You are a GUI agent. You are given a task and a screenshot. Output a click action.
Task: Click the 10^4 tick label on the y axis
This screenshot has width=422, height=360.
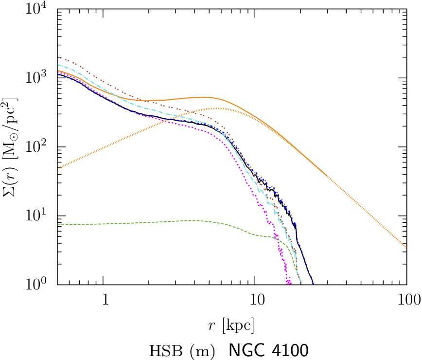tap(38, 10)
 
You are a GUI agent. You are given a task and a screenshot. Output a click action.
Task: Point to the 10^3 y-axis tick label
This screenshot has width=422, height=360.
tap(38, 78)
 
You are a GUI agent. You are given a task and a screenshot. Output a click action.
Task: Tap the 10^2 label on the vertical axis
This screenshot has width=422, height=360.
tap(38, 147)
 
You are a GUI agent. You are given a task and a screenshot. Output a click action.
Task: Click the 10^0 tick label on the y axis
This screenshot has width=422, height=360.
tap(38, 285)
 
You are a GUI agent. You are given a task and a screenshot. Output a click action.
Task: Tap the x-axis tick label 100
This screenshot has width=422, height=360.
tap(406, 299)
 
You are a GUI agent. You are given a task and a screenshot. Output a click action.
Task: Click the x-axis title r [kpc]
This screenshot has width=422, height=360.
tap(231, 324)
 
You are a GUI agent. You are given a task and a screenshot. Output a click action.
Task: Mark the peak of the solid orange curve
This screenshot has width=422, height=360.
tap(204, 97)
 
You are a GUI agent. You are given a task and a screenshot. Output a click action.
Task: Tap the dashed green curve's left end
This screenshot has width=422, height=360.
tap(57, 225)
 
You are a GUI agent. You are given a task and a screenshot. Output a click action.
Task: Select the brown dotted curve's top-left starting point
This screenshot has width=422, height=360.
tap(57, 57)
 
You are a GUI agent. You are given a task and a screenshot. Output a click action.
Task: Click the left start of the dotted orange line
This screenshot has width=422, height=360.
tap(57, 168)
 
